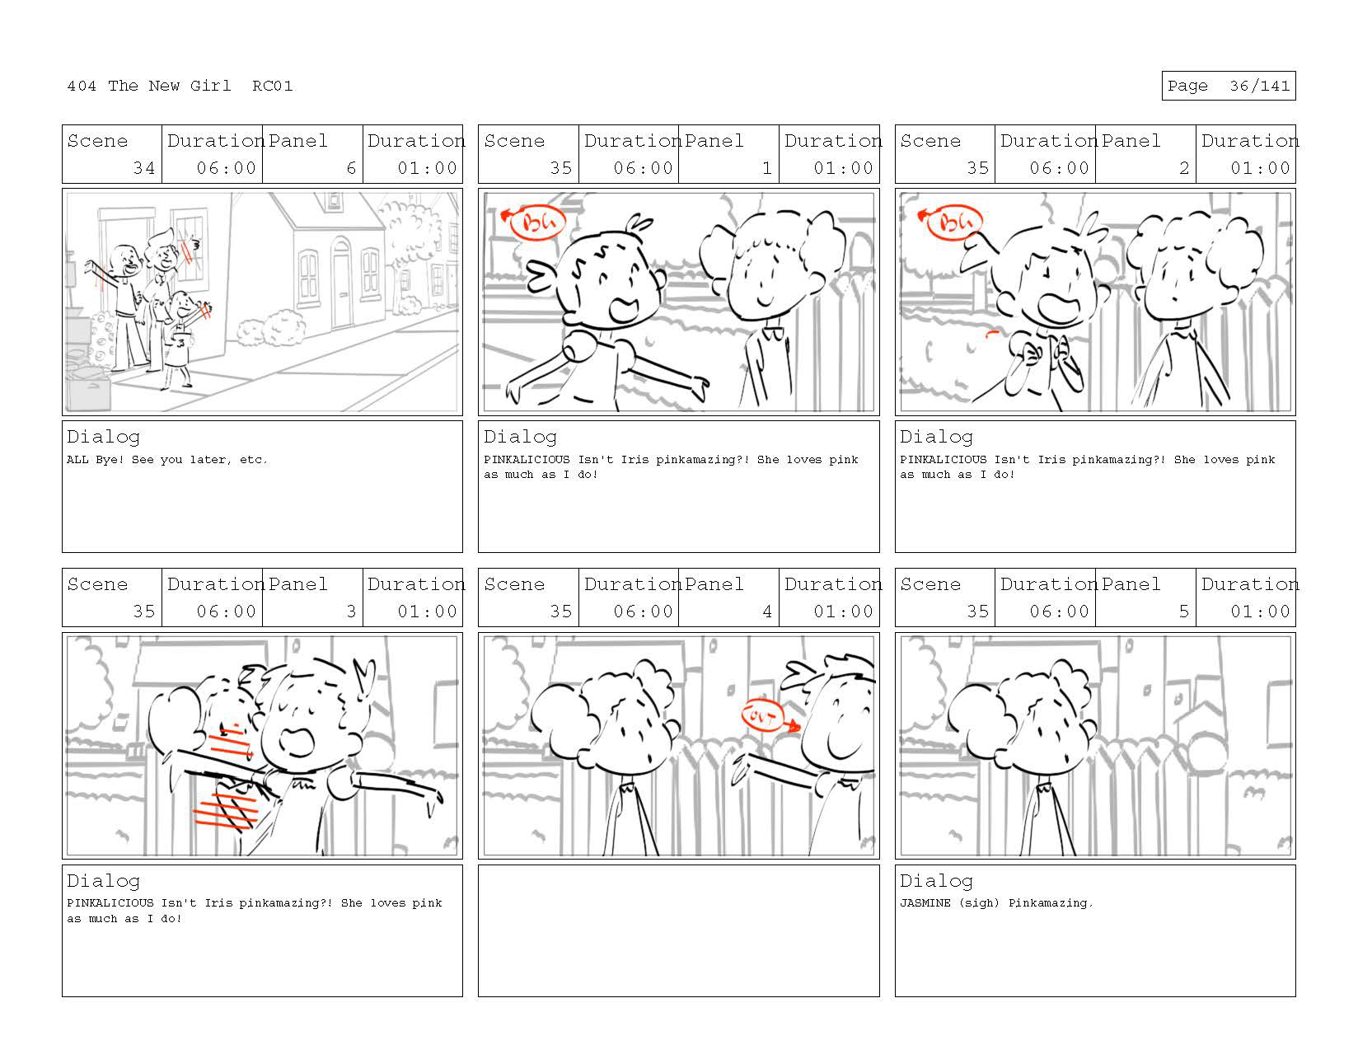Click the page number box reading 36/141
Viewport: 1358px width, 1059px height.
[x=1228, y=86]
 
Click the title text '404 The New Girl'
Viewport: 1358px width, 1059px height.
[x=148, y=86]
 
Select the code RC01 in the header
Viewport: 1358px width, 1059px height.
[x=273, y=86]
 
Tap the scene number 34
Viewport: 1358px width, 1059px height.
[x=143, y=168]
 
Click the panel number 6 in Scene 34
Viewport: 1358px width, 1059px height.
[x=351, y=168]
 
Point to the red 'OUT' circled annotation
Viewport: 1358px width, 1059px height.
[x=761, y=716]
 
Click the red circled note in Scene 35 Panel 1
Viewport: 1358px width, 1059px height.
[x=536, y=223]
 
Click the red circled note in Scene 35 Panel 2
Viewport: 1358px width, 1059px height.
[x=953, y=223]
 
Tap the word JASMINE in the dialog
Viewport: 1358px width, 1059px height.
[x=925, y=902]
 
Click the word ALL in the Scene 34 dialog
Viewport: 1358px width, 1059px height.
[x=77, y=459]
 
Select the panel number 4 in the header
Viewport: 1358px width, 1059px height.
[x=767, y=611]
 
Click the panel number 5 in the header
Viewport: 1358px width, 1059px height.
[x=1183, y=611]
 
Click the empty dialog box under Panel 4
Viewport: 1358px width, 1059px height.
[x=679, y=930]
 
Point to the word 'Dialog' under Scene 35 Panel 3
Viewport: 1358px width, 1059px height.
[x=103, y=881]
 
